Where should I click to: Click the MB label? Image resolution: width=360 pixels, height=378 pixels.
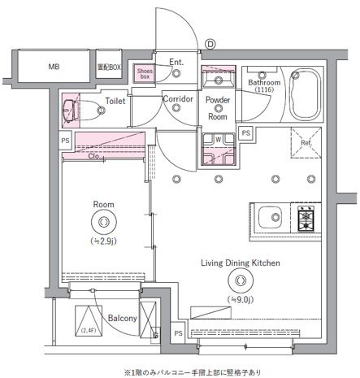click(x=54, y=67)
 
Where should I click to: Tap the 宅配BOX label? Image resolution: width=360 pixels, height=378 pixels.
click(x=109, y=67)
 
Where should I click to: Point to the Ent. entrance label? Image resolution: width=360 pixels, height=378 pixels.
click(x=176, y=61)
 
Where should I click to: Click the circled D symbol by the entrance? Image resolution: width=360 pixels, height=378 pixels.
click(x=209, y=44)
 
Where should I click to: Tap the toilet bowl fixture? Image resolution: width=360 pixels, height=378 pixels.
click(x=72, y=107)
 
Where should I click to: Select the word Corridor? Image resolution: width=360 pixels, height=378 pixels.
click(x=177, y=99)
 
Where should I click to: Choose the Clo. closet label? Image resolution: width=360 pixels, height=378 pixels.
click(x=95, y=156)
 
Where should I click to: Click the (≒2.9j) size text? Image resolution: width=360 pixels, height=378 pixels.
click(x=102, y=241)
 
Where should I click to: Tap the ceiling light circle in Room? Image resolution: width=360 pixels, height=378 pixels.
click(x=103, y=222)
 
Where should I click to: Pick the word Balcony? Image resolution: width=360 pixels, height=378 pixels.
click(x=119, y=319)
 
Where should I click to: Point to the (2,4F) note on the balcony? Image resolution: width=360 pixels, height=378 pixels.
click(x=87, y=330)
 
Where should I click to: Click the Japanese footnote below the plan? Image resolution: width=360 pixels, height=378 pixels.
click(x=193, y=371)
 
